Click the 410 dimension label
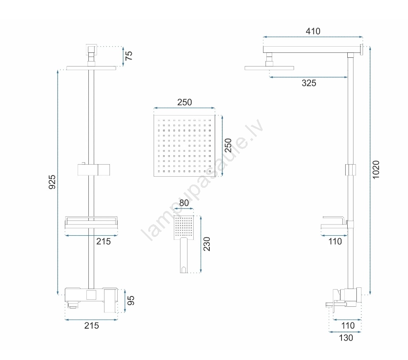(x=313, y=31)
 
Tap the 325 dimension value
(x=309, y=83)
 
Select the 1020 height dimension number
(x=376, y=170)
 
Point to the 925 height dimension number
(x=52, y=182)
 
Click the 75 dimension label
(x=129, y=56)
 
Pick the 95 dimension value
(x=130, y=301)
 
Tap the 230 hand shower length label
(x=206, y=244)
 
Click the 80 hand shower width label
(x=184, y=203)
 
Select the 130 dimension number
(x=346, y=338)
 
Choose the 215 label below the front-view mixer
(x=92, y=325)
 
